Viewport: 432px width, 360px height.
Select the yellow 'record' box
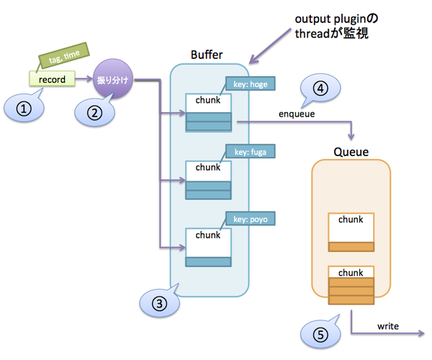tap(53, 78)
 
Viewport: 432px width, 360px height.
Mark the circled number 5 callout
tap(322, 335)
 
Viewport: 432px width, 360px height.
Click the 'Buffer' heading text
tap(207, 55)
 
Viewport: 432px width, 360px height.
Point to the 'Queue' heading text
tap(351, 152)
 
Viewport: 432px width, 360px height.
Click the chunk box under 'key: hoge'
tap(207, 112)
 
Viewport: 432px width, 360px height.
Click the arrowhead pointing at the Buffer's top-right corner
tap(249, 63)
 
